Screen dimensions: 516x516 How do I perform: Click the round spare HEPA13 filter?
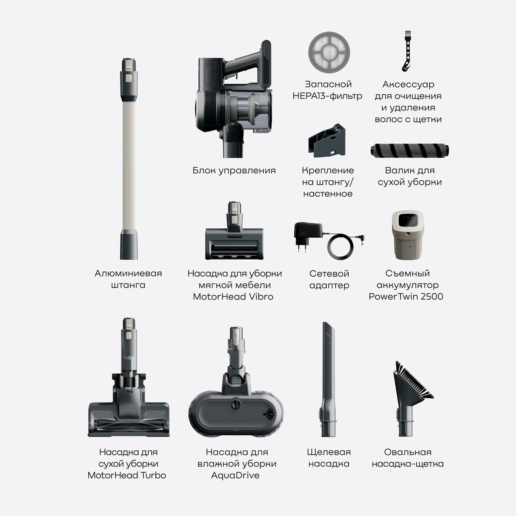click(x=329, y=52)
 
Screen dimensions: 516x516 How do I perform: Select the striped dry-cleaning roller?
click(x=410, y=150)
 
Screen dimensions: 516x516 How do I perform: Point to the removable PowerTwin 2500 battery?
click(x=408, y=235)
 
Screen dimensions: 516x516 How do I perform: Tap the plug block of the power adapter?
click(x=304, y=233)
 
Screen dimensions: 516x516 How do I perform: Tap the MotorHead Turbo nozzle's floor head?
click(x=129, y=419)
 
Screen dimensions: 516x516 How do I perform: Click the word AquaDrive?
click(x=235, y=475)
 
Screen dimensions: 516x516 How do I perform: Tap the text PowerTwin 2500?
click(x=406, y=296)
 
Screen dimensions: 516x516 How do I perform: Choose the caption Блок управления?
click(x=234, y=171)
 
